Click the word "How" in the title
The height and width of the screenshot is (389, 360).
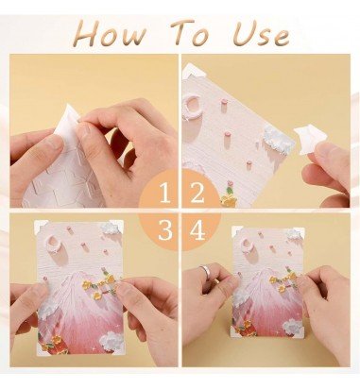click(111, 33)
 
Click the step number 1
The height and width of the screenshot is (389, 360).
click(164, 193)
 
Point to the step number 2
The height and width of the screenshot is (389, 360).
click(197, 193)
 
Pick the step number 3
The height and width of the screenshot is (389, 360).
click(165, 230)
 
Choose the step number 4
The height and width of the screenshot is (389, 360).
click(197, 230)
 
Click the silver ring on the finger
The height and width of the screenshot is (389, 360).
click(206, 270)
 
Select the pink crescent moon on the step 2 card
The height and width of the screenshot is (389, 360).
click(191, 106)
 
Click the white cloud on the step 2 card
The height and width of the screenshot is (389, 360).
click(279, 141)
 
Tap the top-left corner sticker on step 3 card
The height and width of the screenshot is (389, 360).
click(41, 226)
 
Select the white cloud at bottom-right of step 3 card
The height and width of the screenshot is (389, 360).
click(112, 342)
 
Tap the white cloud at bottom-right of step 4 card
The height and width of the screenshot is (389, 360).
click(293, 327)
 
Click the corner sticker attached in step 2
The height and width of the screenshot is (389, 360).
click(193, 71)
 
